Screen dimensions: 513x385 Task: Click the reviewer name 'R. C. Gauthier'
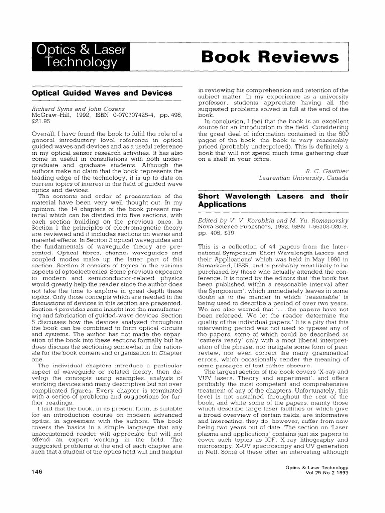[329, 171]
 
